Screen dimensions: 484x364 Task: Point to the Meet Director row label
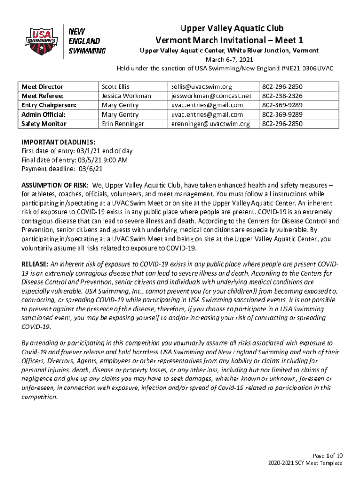43,87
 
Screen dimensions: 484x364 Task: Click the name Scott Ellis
115,87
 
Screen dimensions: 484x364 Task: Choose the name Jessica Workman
126,96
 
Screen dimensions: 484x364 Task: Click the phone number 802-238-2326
282,96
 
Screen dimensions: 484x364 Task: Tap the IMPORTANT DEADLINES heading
59,142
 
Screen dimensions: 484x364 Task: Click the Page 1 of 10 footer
324,456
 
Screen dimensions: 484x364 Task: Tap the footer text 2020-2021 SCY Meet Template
304,463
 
